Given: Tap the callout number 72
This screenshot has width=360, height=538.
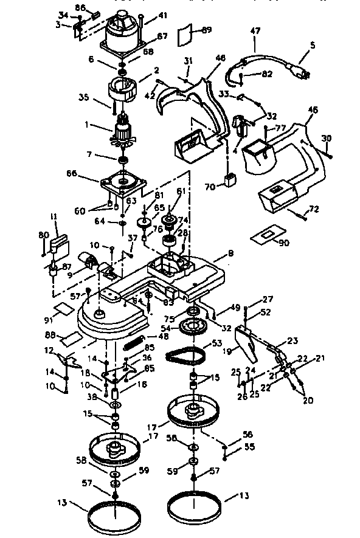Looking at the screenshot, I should (314, 210).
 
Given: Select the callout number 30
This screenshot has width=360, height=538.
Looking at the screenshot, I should (326, 139).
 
